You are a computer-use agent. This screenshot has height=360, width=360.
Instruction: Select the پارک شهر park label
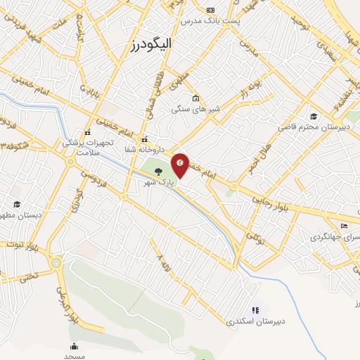pyautogui.click(x=152, y=181)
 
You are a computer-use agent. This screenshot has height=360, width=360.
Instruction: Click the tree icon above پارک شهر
pyautogui.click(x=157, y=170)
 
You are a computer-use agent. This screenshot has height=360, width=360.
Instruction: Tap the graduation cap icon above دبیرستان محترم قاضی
pyautogui.click(x=313, y=117)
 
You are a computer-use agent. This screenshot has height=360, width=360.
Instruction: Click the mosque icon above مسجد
pyautogui.click(x=74, y=345)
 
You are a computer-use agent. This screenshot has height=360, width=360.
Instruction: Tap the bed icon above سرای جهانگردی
pyautogui.click(x=344, y=226)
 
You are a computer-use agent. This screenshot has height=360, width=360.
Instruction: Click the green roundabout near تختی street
pyautogui.click(x=56, y=263)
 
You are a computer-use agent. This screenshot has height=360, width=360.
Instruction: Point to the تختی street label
pyautogui.click(x=29, y=276)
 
